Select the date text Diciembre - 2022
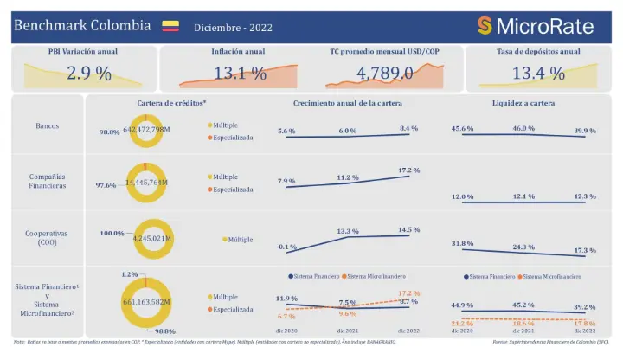click(233, 28)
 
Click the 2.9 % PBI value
click(88, 73)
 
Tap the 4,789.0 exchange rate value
click(384, 73)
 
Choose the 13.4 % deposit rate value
click(539, 73)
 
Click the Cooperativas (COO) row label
click(48, 238)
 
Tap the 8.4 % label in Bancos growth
click(408, 128)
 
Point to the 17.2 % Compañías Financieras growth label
click(408, 170)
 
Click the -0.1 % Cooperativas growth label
click(286, 247)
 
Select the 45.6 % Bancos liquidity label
click(463, 128)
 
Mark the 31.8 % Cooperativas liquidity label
click(463, 243)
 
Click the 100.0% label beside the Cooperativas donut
click(112, 233)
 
